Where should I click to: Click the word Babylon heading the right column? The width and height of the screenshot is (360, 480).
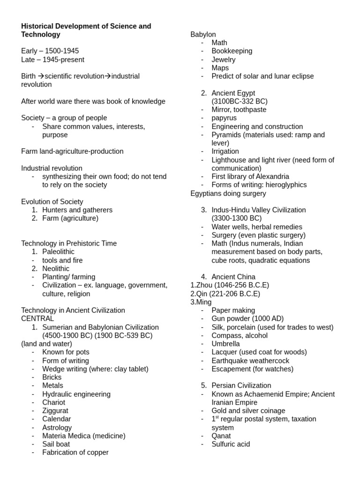(203, 34)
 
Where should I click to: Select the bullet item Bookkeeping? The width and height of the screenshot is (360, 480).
(232, 51)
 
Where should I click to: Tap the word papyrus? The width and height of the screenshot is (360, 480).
(224, 118)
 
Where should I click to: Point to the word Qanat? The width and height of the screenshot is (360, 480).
(221, 435)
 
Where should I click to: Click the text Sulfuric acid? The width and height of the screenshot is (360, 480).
(231, 444)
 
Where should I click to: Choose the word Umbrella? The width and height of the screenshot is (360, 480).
(225, 344)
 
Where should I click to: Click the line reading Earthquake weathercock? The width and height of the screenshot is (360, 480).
(250, 360)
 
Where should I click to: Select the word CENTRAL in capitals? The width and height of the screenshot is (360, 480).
(37, 318)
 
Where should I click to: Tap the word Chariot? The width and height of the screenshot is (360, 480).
(54, 402)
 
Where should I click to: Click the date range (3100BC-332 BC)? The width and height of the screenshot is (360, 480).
(240, 101)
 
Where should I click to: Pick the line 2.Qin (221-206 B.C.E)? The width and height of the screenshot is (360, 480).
(225, 293)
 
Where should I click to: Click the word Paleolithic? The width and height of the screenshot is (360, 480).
(58, 252)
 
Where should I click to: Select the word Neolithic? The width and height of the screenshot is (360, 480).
(56, 269)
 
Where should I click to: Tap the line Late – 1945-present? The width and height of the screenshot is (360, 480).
(53, 60)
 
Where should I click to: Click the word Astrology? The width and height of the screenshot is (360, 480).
(57, 427)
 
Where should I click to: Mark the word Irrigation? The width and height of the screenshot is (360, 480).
(225, 151)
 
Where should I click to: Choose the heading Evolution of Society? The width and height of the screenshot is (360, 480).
(52, 202)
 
